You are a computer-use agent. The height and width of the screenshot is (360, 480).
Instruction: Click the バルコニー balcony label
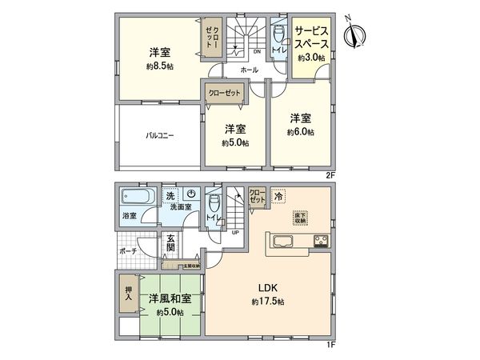point(159,136)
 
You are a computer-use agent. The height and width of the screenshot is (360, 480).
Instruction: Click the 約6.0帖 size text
point(302,132)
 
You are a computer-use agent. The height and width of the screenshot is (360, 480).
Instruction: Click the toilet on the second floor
point(278,35)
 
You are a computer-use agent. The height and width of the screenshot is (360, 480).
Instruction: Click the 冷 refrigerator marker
point(278,194)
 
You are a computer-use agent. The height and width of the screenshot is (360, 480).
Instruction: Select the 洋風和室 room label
point(169,298)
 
